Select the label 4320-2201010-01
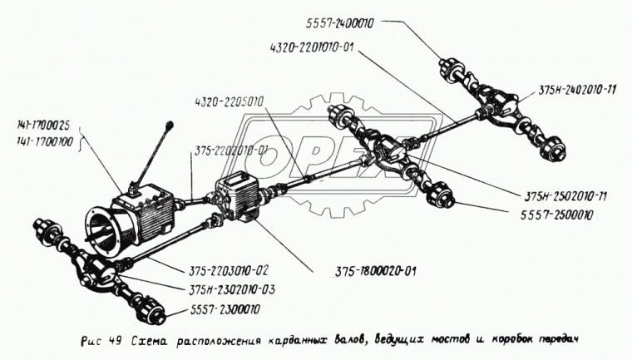(x=311, y=47)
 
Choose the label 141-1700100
(x=42, y=143)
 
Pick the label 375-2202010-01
(x=232, y=151)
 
